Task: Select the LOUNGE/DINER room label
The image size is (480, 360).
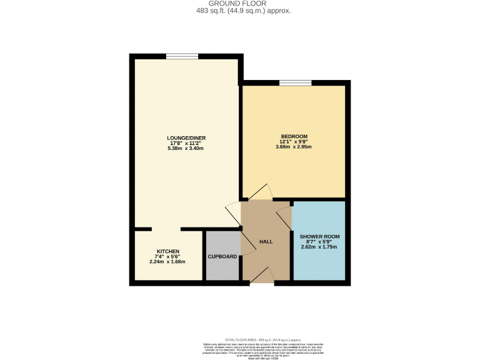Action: pos(186,137)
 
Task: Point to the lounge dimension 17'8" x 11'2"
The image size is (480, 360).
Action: pos(186,143)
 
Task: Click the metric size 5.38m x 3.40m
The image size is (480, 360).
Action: pos(186,149)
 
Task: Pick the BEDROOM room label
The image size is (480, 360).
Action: pos(293,136)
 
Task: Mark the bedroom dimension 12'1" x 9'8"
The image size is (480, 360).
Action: pos(293,142)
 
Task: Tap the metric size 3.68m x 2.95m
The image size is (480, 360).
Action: pos(293,147)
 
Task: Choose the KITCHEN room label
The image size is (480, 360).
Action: pos(167,251)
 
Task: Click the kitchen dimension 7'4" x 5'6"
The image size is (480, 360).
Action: pos(167,257)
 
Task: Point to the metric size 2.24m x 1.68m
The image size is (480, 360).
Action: pos(167,262)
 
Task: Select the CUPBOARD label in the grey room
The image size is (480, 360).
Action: pos(222,257)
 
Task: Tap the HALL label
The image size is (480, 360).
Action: pos(266,242)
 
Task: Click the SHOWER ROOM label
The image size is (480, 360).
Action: pos(319,236)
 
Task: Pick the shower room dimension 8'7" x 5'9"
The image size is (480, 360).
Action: pos(319,242)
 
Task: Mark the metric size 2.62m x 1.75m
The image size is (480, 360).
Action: pos(319,247)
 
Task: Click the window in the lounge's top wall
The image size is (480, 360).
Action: pos(182,56)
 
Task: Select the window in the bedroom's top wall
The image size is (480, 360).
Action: pos(295,82)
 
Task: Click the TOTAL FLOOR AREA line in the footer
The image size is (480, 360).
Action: pos(240,339)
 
